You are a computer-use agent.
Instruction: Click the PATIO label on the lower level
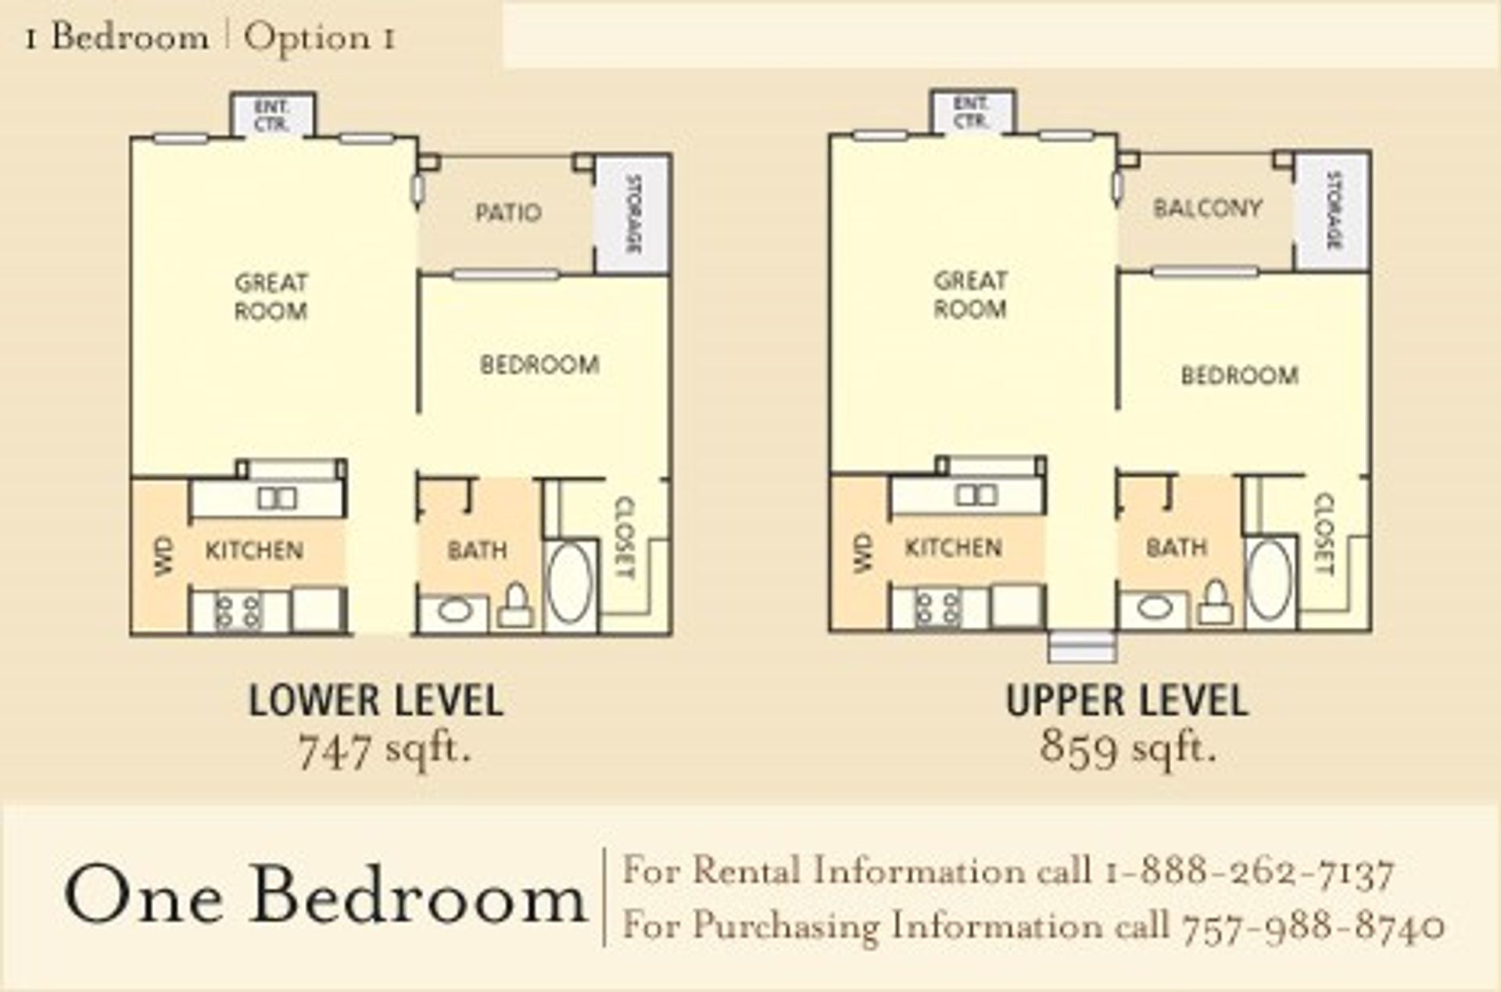coord(508,213)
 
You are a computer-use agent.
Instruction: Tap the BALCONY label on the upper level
coord(1208,209)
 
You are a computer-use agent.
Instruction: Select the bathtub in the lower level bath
coord(570,582)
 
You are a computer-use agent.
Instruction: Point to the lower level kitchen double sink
coord(277,498)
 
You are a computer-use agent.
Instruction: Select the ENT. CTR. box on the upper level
coord(972,113)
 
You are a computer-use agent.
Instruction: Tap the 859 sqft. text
coord(1127,748)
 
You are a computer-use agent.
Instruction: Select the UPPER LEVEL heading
coord(1127,700)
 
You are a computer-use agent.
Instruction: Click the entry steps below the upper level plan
coord(1082,647)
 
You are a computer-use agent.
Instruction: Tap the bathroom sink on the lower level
coord(454,610)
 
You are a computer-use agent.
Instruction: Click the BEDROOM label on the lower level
coord(539,365)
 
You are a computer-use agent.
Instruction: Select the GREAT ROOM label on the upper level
coord(970,295)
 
